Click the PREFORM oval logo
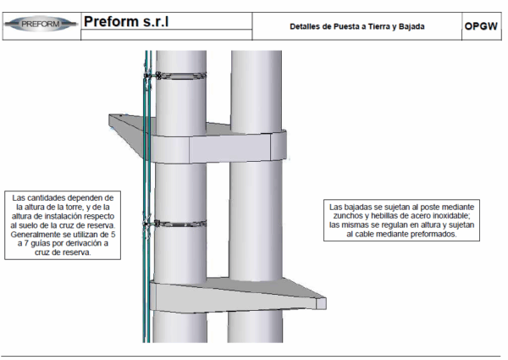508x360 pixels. pos(41,24)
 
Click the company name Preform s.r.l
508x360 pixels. pos(126,21)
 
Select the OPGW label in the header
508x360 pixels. pos(481,26)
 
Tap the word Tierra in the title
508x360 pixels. pos(379,26)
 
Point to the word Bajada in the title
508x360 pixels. pos(411,26)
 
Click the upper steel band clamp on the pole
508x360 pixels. pos(180,76)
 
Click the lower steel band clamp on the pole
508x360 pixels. pos(180,224)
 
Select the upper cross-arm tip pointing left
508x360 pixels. pos(110,120)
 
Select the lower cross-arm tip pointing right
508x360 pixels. pos(323,303)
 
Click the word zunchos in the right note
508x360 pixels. pos(348,216)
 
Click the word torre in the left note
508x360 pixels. pos(77,207)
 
